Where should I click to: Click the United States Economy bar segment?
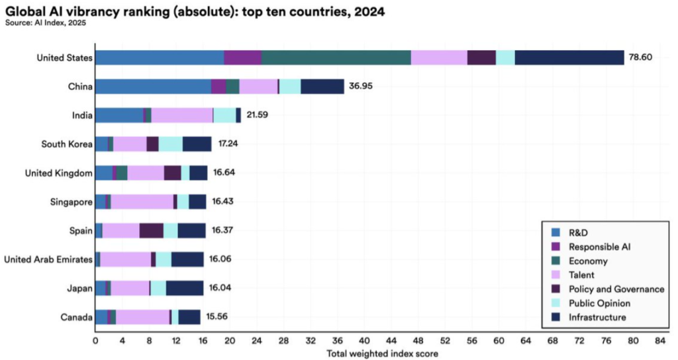336,58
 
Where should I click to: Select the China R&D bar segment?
153,87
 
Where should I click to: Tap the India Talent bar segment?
181,115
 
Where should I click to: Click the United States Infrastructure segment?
569,58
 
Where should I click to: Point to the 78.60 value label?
641,58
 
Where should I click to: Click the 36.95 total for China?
360,87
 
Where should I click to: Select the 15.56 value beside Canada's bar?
218,317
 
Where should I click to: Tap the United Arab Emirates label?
48,259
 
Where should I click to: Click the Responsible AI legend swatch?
557,247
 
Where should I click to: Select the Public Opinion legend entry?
599,303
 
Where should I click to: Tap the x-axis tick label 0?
95,341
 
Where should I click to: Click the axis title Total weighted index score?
382,353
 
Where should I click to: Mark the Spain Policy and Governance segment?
151,230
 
